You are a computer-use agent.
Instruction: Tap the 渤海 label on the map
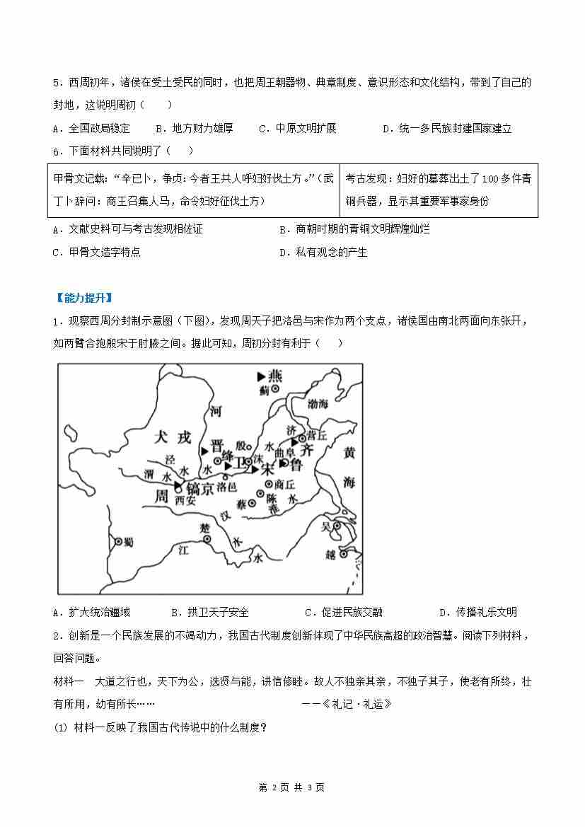pos(322,403)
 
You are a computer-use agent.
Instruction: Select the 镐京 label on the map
pos(201,487)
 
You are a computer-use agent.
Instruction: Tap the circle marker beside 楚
pos(207,539)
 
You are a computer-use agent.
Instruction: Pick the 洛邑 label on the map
pos(228,487)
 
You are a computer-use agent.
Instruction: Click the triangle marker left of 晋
pos(204,450)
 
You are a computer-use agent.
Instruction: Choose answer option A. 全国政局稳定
pos(91,128)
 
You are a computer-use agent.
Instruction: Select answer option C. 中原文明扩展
pos(297,128)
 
